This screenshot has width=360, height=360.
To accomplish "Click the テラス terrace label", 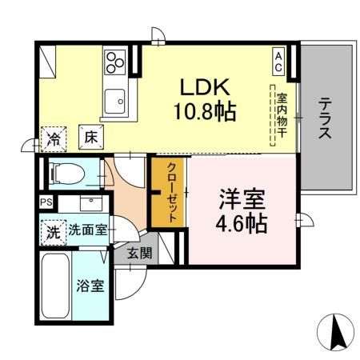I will [326, 119].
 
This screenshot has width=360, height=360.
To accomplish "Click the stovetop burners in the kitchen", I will [114, 61].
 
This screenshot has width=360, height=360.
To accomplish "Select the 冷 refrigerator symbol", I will [53, 137].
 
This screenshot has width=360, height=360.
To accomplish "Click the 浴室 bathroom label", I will [90, 285].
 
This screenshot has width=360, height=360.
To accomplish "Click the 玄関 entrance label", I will [139, 254].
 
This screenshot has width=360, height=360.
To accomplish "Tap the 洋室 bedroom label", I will [243, 196].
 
